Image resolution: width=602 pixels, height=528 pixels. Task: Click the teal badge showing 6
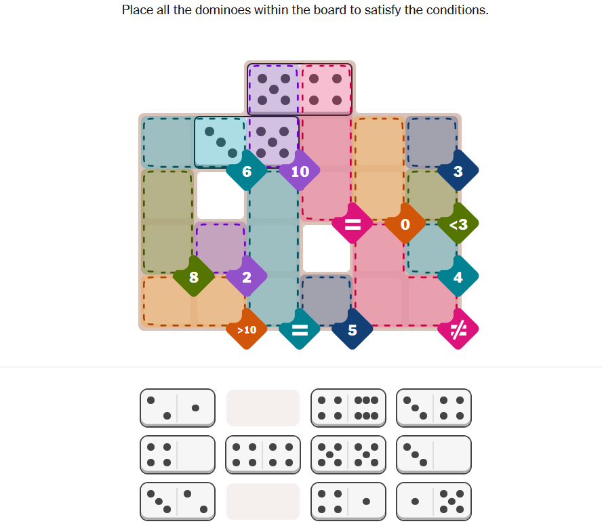point(247,171)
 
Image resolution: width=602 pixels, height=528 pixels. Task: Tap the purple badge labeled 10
point(300,171)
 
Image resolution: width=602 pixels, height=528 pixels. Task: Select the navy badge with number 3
point(458,171)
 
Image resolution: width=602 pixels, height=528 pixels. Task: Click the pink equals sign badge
point(353,224)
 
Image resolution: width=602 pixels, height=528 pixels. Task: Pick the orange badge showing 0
point(405,224)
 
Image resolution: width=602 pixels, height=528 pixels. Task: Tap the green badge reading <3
point(458,224)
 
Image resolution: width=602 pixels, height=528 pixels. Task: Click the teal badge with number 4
point(458,277)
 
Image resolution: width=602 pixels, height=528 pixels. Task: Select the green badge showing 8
point(194,277)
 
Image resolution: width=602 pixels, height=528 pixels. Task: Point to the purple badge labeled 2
point(247,277)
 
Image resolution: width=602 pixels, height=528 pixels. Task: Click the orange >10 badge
point(247,329)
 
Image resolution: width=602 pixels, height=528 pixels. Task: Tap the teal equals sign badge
point(300,329)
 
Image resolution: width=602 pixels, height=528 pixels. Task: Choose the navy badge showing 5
point(353,329)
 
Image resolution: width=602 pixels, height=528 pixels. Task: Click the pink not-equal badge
point(458,329)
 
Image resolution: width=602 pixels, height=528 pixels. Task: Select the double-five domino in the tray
point(348,455)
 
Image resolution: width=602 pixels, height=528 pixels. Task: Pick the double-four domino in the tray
point(263,455)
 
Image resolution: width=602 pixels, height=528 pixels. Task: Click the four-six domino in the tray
point(348,408)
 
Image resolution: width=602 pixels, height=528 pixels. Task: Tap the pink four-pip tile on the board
point(325,89)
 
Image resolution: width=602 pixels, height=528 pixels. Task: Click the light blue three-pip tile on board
point(220,142)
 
